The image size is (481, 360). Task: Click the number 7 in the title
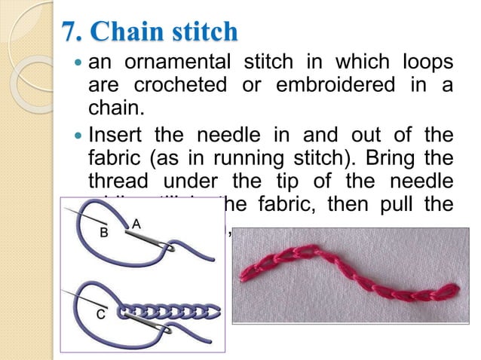[70, 32]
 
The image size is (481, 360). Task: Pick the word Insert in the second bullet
[116, 138]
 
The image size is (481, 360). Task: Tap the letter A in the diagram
[136, 223]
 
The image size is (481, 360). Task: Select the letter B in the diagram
[104, 233]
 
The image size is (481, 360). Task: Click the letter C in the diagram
[99, 315]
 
